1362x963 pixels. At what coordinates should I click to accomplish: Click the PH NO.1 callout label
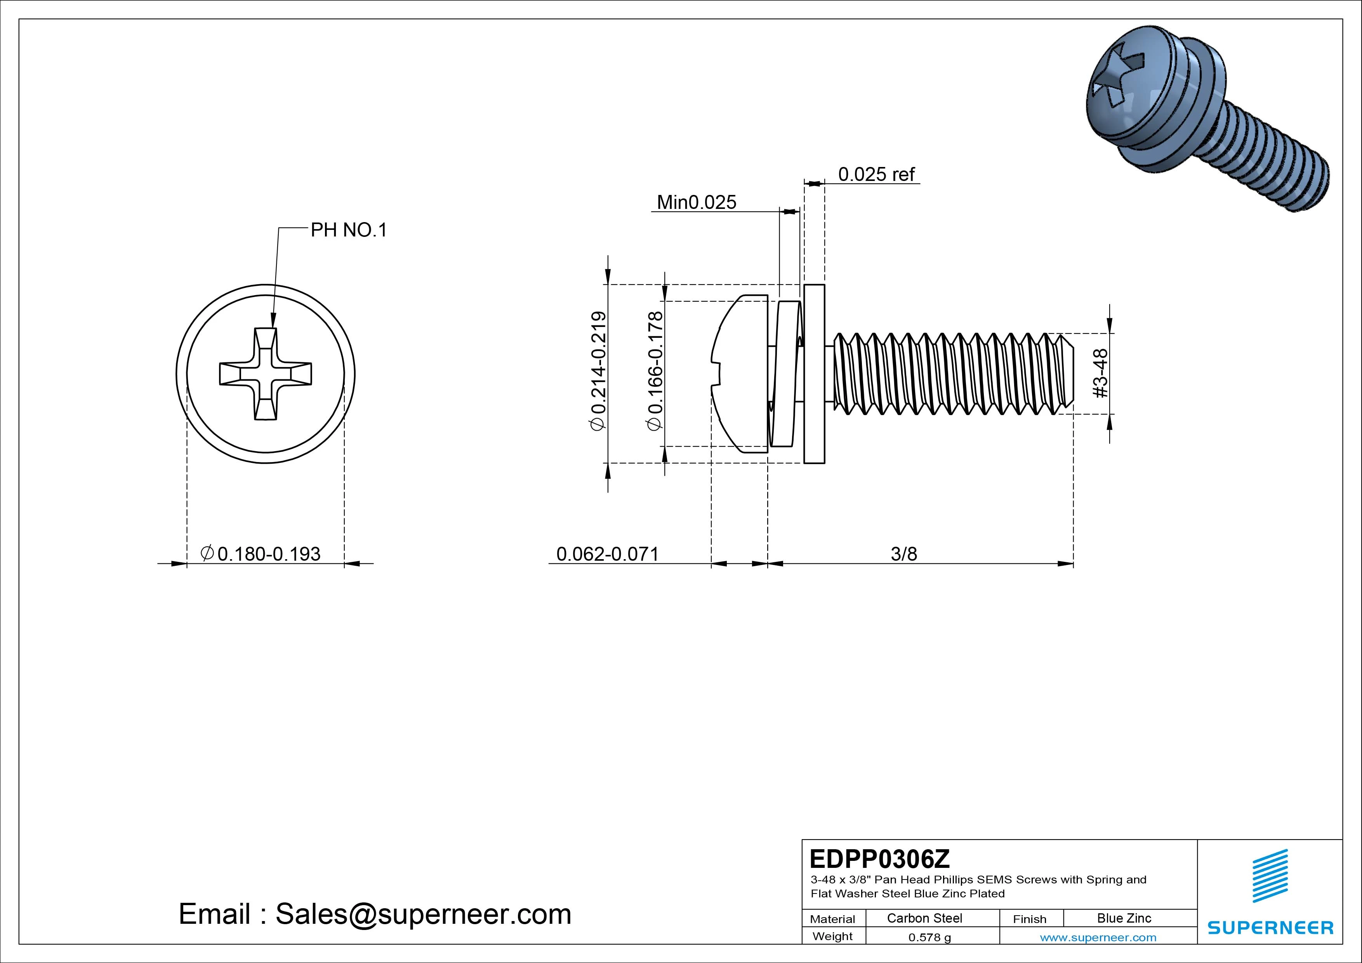pos(348,230)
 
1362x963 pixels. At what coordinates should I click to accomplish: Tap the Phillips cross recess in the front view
pos(265,374)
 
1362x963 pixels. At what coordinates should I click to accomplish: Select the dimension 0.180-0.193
pos(268,554)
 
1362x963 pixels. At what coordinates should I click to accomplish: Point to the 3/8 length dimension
pos(903,554)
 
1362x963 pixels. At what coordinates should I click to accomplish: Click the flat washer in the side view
pos(814,374)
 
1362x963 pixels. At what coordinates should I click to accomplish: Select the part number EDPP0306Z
pos(879,858)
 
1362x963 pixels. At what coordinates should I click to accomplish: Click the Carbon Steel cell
pos(924,918)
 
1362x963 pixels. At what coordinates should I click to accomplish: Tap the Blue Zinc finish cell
pos(1124,918)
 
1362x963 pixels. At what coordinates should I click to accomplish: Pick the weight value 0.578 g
pos(929,937)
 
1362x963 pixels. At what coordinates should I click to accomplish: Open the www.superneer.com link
pos(1098,937)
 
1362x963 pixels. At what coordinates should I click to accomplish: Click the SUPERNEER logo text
pos(1270,927)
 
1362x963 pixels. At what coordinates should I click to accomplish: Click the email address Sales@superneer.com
pos(423,914)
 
